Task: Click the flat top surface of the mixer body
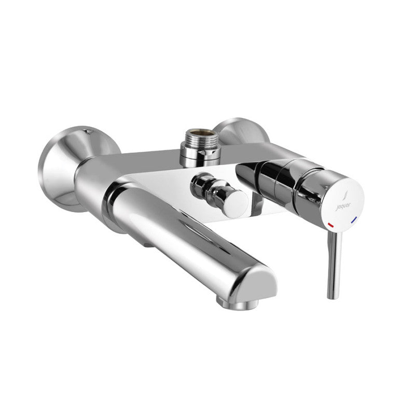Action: point(156,158)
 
